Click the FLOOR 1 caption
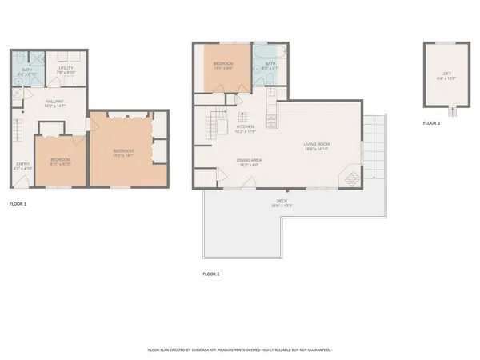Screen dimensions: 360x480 [18, 205]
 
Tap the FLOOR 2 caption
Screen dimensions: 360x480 [210, 274]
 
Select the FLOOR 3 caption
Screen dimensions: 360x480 [432, 123]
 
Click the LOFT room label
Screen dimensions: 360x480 [445, 74]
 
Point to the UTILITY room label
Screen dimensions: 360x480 [66, 69]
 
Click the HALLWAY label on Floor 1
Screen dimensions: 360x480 [54, 102]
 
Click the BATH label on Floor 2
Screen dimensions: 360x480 [270, 64]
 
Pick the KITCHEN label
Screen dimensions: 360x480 [245, 126]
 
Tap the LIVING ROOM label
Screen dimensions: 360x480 [317, 144]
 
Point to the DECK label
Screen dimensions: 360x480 [282, 201]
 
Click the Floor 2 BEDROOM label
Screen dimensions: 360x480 [222, 63]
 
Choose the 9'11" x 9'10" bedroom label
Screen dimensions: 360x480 [61, 160]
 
